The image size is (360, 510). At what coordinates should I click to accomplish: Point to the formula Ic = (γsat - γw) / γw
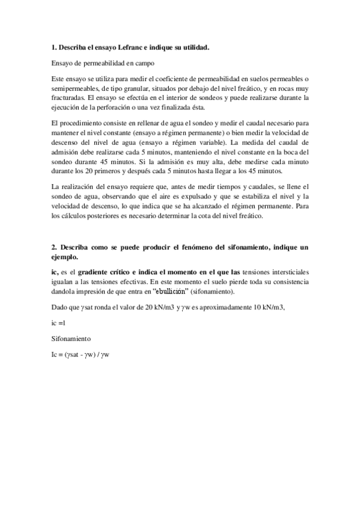80,354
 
